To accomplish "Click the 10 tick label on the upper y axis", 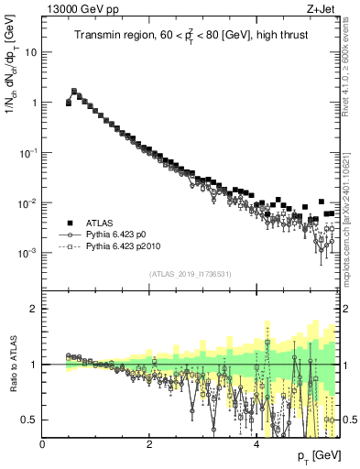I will pos(30,52).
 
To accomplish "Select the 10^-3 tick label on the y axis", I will pos(27,252).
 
